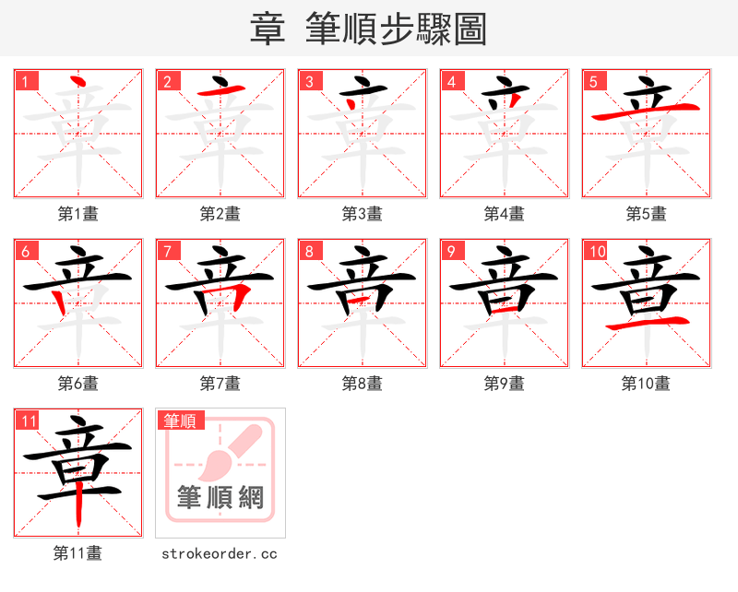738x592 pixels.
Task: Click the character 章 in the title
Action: (268, 30)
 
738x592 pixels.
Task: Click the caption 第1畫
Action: (78, 214)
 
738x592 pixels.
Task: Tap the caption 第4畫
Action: (505, 214)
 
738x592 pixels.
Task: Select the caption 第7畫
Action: (220, 384)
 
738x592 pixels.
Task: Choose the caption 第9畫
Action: (505, 384)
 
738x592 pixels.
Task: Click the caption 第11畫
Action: (78, 553)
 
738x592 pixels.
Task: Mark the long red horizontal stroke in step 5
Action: (646, 112)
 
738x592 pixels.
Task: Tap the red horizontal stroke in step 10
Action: (646, 324)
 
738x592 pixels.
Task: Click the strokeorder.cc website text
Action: (220, 553)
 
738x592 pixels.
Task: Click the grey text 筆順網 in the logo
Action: (220, 499)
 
